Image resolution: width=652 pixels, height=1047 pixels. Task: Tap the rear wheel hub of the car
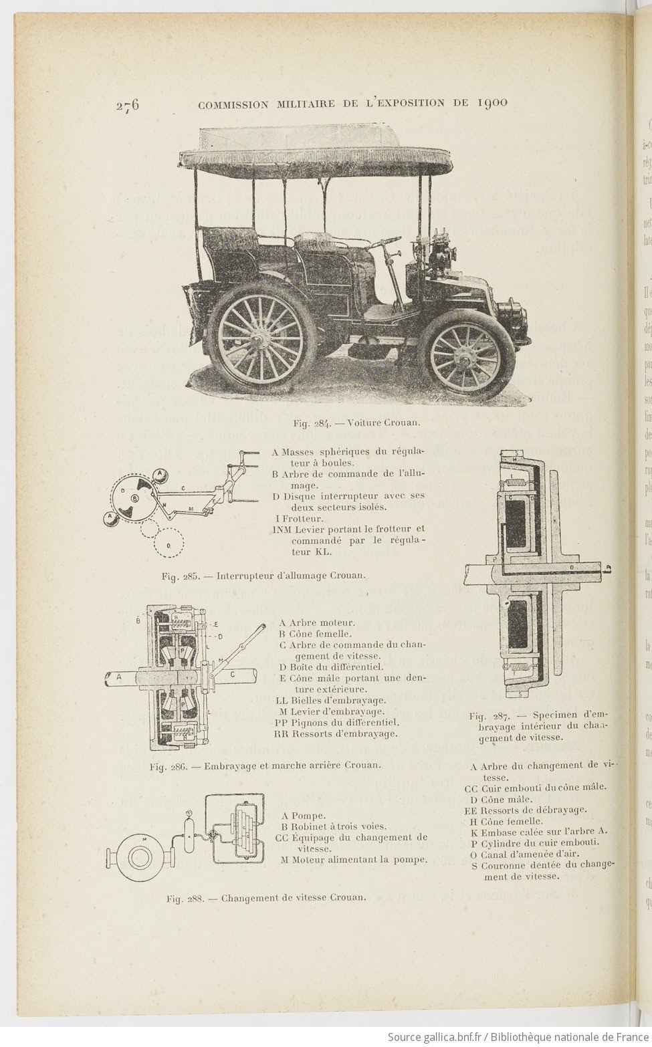click(x=257, y=343)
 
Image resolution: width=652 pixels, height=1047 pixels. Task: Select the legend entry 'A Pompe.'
click(x=304, y=816)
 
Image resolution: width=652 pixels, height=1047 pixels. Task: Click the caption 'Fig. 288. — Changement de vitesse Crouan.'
click(x=266, y=898)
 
